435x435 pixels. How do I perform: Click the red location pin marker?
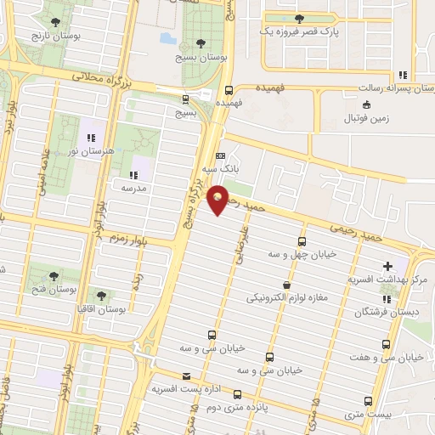coord(218,199)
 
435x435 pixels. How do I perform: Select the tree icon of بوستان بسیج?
coord(201,42)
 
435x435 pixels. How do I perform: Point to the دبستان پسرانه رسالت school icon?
coord(400,74)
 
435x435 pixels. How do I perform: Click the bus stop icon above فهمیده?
coord(229,89)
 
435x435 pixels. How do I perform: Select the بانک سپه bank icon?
coord(221,157)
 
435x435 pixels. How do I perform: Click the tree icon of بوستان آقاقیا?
coord(101,297)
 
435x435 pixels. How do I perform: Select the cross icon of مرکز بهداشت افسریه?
coord(388,266)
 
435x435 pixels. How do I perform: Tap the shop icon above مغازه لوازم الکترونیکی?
coord(286,285)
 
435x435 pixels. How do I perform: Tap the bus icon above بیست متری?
coord(367,399)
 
